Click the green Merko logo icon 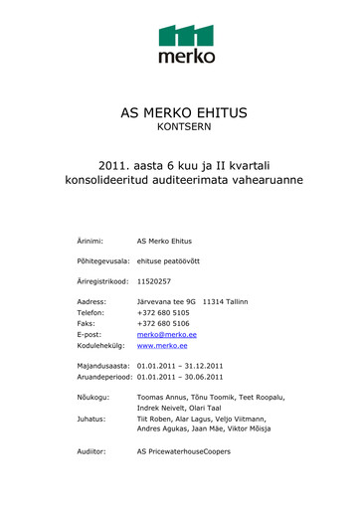click(x=186, y=36)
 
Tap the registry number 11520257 click(x=155, y=281)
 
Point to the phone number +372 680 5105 click(x=162, y=311)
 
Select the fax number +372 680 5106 click(x=162, y=322)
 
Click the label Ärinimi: click(x=91, y=242)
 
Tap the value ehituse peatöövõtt click(x=168, y=260)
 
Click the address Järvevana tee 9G click(x=166, y=300)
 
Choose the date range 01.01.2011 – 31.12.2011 click(x=180, y=367)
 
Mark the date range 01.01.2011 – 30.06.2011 click(x=180, y=378)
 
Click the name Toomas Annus click(x=160, y=397)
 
